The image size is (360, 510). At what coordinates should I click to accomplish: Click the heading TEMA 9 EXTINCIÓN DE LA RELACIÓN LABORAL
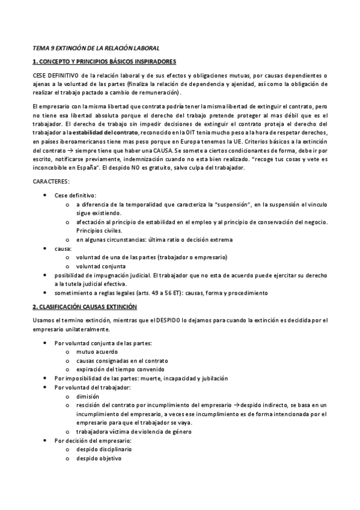(x=96, y=48)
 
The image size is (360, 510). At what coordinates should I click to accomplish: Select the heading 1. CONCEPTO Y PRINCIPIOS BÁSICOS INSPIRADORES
(x=103, y=61)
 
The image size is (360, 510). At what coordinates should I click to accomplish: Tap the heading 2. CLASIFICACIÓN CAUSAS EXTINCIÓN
(x=85, y=307)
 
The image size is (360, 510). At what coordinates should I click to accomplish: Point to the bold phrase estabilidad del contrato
(x=105, y=132)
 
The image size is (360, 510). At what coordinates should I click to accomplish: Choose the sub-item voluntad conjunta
(x=100, y=266)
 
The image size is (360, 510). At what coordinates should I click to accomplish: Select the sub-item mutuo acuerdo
(x=97, y=352)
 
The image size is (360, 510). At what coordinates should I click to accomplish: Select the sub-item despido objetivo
(x=99, y=459)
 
